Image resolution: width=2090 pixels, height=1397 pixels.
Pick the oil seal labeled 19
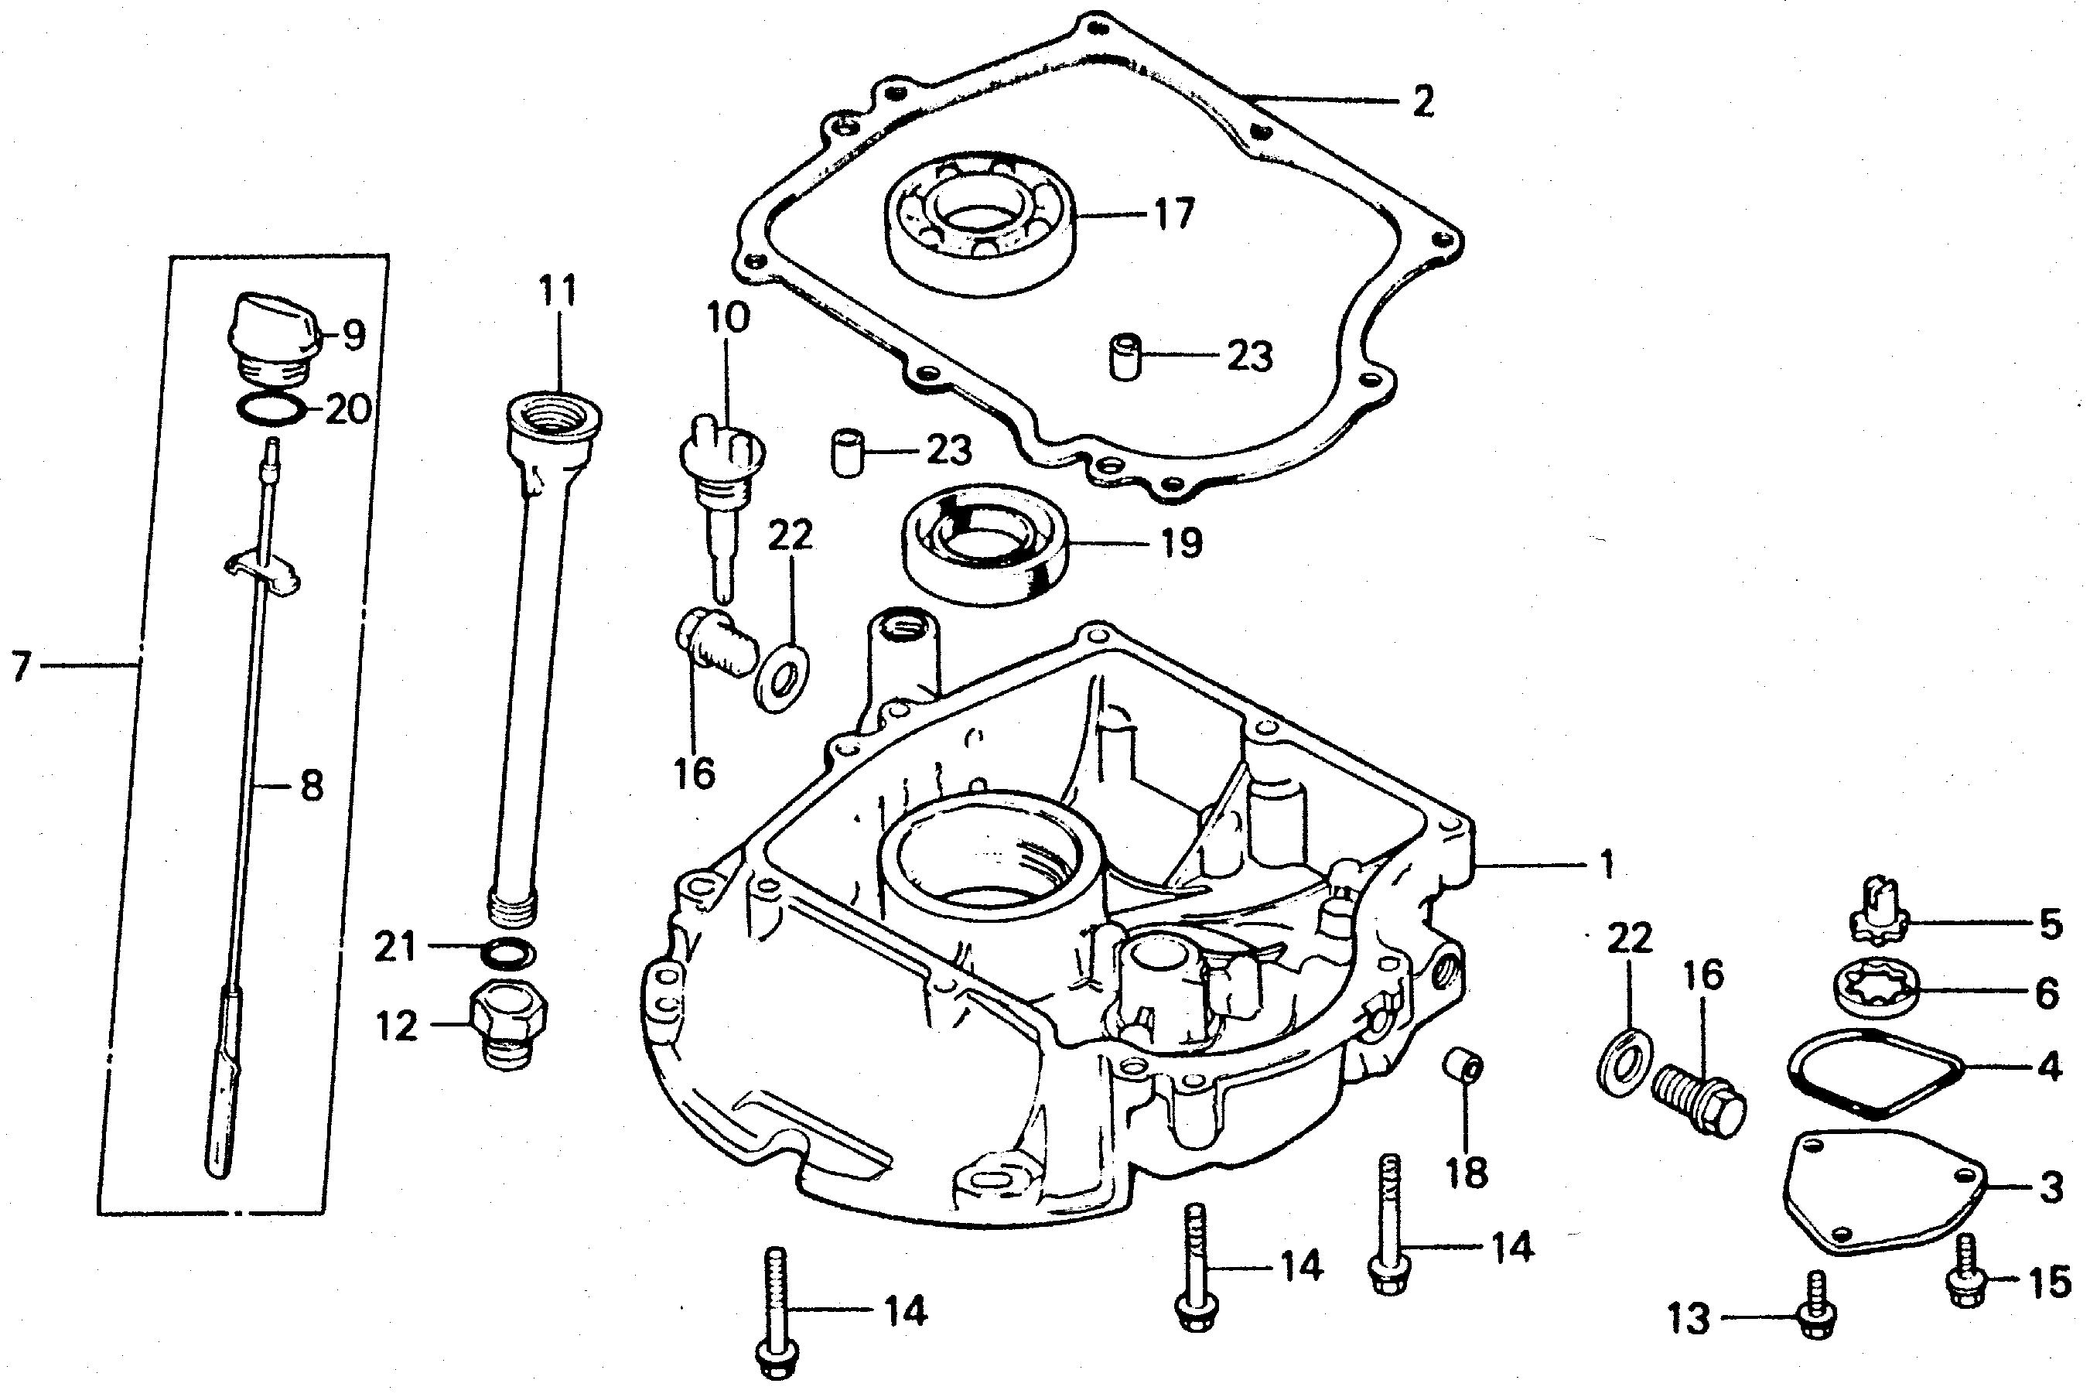pos(986,547)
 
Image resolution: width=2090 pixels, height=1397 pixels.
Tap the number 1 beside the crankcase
pos(1607,864)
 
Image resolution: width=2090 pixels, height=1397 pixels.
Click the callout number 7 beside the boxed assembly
pos(22,664)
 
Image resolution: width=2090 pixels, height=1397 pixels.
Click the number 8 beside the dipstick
pos(312,786)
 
